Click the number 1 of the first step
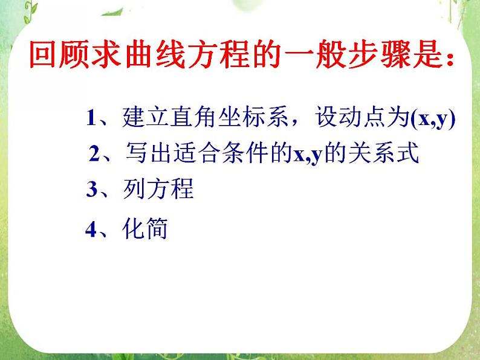[x=91, y=117]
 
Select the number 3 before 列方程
[x=91, y=190]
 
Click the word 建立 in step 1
[x=141, y=117]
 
